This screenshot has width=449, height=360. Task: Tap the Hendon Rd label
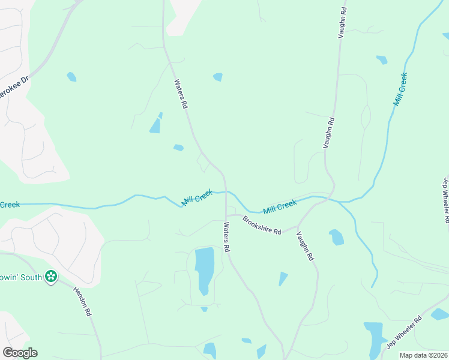tap(82, 301)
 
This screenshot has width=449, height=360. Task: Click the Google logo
tap(20, 353)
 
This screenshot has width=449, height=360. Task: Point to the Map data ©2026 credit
tap(424, 355)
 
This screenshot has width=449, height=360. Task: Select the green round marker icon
tap(51, 277)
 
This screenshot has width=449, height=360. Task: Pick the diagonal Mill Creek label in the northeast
tap(400, 89)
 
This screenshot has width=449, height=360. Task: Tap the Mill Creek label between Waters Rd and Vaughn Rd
tap(280, 207)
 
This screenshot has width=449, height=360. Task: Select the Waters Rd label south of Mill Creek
tap(227, 237)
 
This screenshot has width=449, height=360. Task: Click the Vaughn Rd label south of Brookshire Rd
tap(306, 246)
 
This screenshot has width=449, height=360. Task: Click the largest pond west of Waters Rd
tap(204, 268)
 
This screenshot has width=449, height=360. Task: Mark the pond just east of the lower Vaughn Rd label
tap(336, 238)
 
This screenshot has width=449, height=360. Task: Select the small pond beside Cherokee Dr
tap(71, 77)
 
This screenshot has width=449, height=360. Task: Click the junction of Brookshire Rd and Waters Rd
tap(226, 215)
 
